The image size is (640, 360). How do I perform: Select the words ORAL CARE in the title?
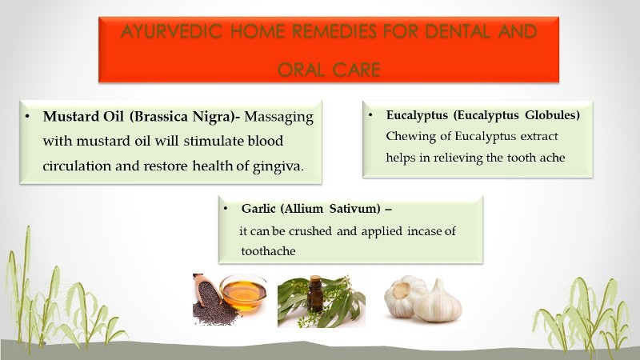[328, 70]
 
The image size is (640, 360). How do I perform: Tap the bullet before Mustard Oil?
[28, 117]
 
